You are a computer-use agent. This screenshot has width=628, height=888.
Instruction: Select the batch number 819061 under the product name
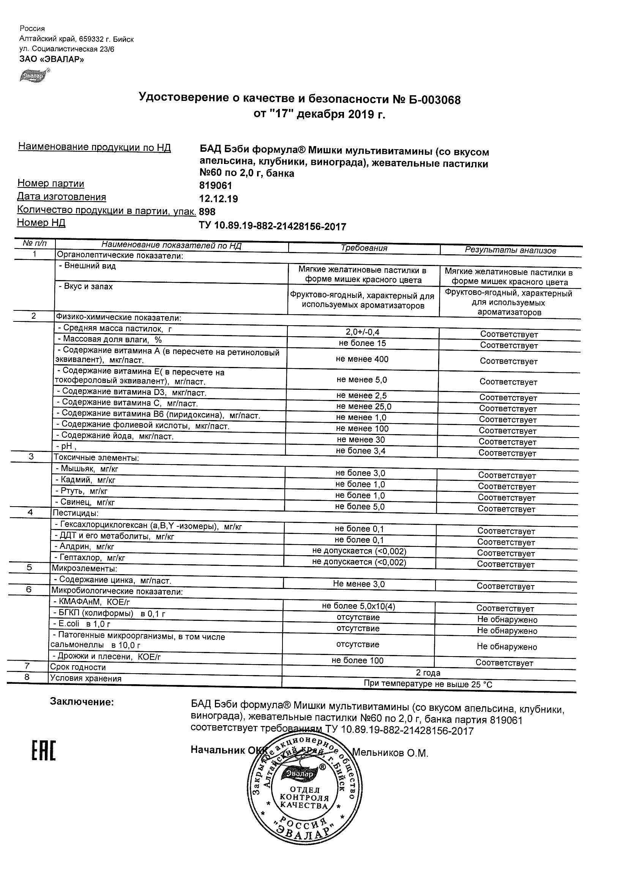pos(216,186)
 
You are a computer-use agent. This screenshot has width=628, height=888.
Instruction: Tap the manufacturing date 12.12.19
pos(218,199)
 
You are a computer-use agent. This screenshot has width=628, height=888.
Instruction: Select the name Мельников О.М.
pos(390,753)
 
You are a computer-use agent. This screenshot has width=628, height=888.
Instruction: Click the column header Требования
pos(364,248)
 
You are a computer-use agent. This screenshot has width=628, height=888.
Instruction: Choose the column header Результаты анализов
pos(510,250)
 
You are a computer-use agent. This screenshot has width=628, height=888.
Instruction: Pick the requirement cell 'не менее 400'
pos(362,359)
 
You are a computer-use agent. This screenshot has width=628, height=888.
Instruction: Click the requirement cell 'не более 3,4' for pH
pos(361,451)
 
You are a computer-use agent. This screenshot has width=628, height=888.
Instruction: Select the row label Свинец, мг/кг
pos(85,502)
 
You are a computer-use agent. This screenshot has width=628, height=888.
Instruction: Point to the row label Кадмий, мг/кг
pos(85,480)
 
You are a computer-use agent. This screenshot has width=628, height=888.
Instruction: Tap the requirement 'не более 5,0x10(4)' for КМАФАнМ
pos(358,606)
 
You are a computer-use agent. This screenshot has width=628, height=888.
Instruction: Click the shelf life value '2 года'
pos(428,673)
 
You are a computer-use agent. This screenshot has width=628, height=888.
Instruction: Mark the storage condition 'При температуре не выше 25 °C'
pos(428,684)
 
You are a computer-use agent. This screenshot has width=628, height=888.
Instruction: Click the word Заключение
pos(82,702)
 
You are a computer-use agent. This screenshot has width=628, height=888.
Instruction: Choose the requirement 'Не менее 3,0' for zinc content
pos(359,584)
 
